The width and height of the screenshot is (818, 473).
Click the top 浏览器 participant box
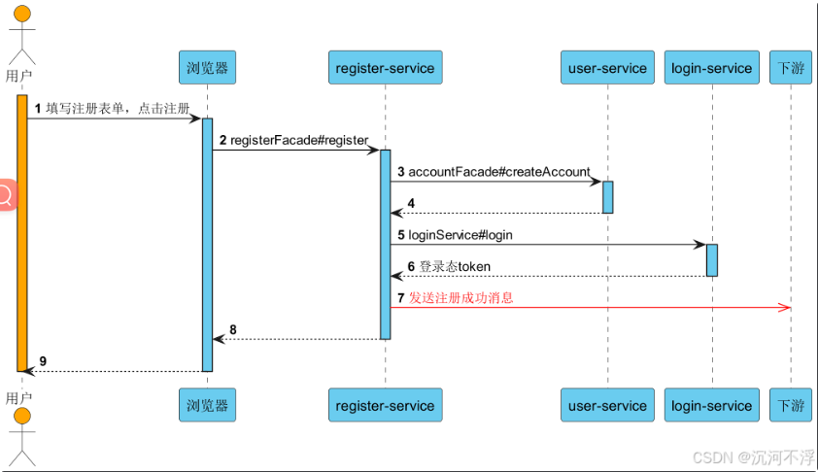207,68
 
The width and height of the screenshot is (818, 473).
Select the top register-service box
385,68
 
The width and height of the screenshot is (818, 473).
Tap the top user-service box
607,68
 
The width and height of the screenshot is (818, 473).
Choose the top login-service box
712,68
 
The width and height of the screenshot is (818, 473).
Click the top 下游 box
791,68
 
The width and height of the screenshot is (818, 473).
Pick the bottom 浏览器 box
207,405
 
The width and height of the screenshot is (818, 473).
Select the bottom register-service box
385,405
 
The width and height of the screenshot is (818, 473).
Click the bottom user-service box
607,405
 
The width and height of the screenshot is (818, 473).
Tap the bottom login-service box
712,405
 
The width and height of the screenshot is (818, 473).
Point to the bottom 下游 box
791,405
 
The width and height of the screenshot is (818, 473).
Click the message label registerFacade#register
299,140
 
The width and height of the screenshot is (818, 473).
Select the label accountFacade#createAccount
498,172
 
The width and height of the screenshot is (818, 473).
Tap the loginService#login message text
460,235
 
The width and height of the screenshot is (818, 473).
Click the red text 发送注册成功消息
460,298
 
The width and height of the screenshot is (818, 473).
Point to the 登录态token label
455,266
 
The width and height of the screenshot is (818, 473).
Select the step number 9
43,361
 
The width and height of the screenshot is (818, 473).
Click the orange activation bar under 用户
21,233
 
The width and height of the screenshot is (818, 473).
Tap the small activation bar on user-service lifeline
607,196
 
